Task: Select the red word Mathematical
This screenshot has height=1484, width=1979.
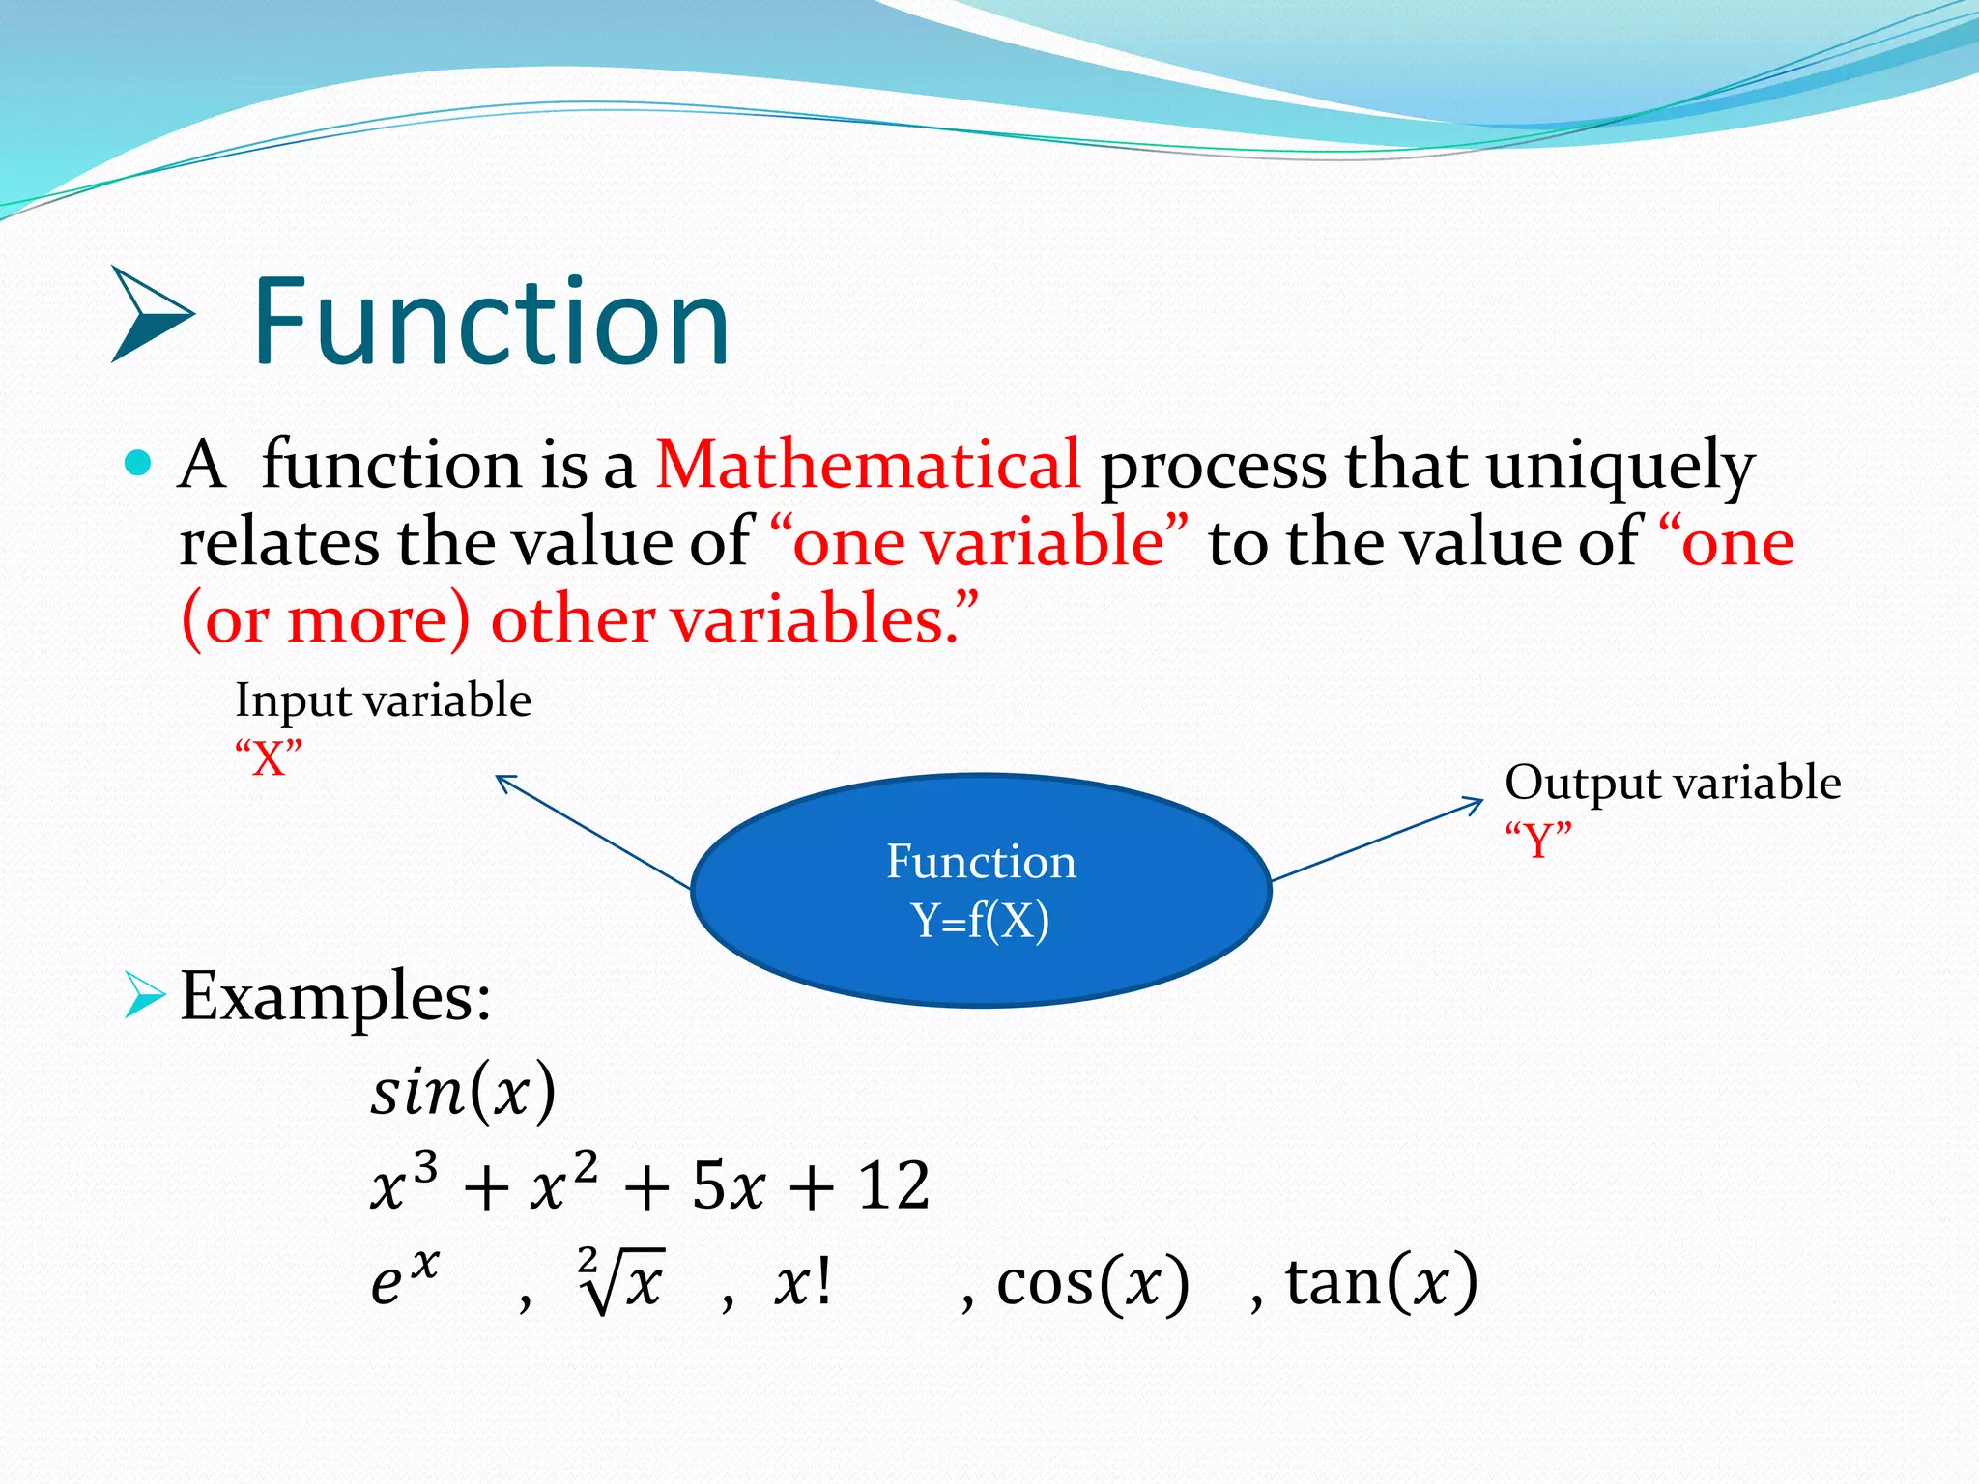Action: point(867,465)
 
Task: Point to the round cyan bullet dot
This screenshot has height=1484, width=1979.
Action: point(139,463)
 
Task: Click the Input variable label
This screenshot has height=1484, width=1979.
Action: point(383,700)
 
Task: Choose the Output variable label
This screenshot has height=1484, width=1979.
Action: point(1672,783)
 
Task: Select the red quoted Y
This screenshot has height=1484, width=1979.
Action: point(1537,840)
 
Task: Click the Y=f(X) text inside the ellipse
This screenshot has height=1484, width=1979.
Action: point(980,920)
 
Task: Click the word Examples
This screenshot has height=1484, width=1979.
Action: point(335,996)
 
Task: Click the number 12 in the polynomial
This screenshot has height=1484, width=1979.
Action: point(894,1185)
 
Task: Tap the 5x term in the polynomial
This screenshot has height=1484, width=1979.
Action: point(729,1185)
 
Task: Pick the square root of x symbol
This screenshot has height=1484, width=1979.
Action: point(621,1281)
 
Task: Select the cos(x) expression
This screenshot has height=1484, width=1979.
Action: point(1092,1283)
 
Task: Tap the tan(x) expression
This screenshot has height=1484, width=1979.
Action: point(1380,1283)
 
